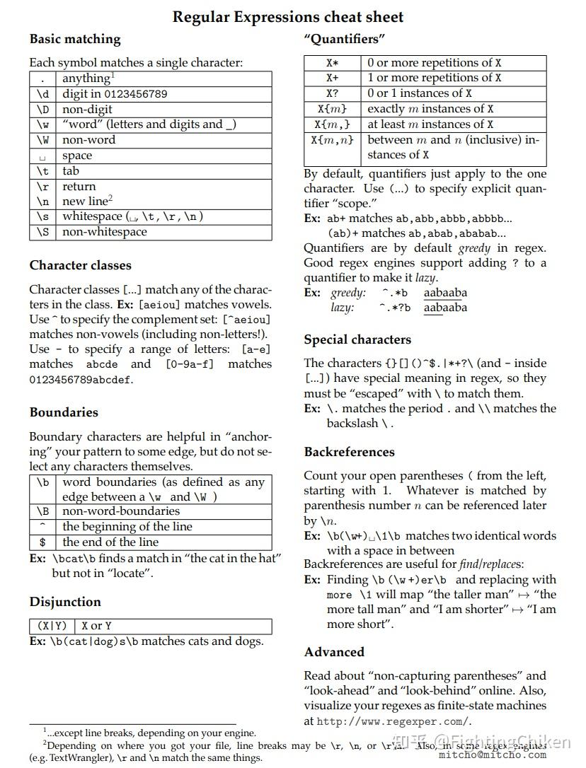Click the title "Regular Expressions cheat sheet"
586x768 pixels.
[288, 17]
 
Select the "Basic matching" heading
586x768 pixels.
[75, 39]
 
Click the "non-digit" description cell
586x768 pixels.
[87, 109]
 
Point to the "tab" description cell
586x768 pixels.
[71, 170]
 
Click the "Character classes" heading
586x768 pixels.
[80, 265]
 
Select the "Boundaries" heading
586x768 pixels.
[64, 412]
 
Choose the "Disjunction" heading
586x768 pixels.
[65, 602]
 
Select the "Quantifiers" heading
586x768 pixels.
[344, 39]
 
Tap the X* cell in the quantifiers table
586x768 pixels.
[332, 63]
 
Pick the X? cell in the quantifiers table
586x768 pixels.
[332, 93]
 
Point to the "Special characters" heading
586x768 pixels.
[357, 339]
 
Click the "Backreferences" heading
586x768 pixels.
[350, 452]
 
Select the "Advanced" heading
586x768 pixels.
[334, 652]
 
